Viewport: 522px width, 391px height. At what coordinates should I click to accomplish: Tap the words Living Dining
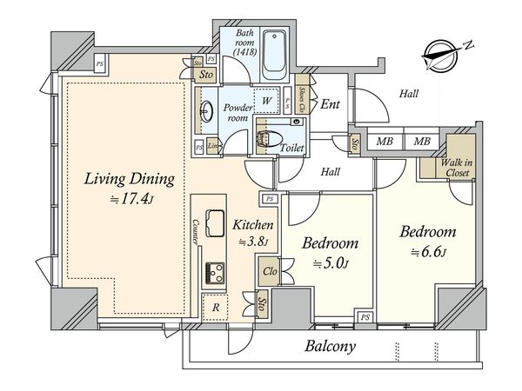130,180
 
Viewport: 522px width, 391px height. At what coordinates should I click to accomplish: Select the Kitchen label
253,226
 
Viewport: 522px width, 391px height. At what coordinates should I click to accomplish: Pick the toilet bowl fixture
268,137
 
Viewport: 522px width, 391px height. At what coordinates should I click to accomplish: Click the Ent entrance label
330,104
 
